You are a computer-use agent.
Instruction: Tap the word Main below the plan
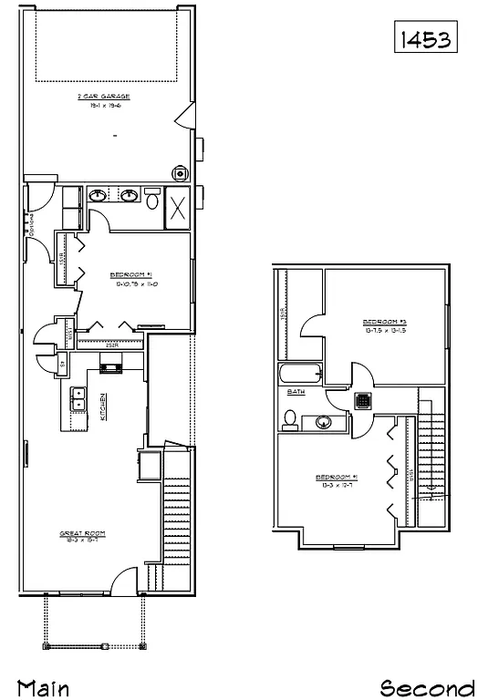(x=43, y=686)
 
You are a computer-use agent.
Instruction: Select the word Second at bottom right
(x=427, y=686)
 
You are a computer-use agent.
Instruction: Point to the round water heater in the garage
(x=181, y=173)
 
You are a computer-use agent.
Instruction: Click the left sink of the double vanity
(x=98, y=196)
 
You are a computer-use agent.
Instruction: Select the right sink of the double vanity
(x=130, y=196)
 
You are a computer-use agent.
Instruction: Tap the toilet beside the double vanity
(x=153, y=199)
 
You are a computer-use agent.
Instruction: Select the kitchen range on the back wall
(x=110, y=368)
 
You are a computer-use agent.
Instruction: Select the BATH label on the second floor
(x=296, y=392)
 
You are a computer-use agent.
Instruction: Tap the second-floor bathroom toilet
(x=291, y=419)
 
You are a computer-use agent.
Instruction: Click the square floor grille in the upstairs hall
(x=362, y=400)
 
